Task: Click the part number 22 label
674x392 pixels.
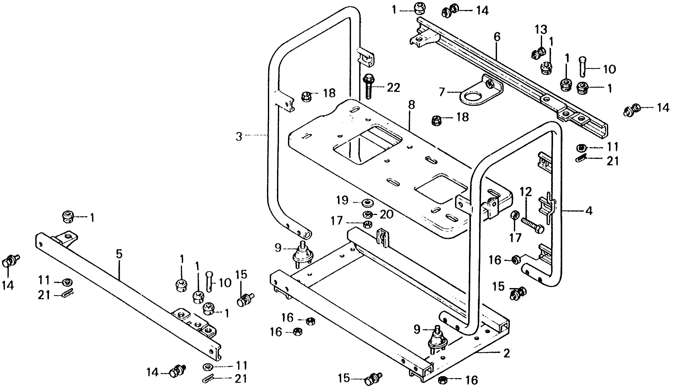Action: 393,88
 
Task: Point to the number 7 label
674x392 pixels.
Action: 442,92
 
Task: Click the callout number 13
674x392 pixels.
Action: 541,30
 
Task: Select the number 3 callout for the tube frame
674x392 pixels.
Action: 239,137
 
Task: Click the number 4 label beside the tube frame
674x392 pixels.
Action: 589,211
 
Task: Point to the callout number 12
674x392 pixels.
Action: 526,192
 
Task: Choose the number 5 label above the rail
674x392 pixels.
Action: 119,254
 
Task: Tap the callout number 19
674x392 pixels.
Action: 343,200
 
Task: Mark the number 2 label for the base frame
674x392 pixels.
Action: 506,353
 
